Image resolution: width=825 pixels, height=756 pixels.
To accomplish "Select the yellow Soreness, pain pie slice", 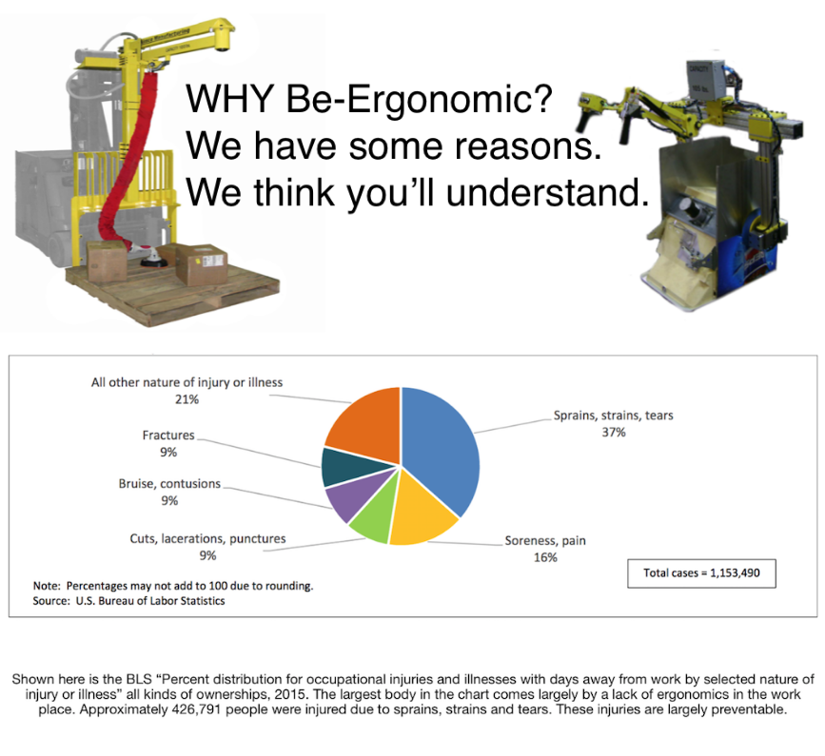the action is (x=421, y=513).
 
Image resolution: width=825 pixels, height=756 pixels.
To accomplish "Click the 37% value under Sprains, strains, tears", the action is (x=614, y=432).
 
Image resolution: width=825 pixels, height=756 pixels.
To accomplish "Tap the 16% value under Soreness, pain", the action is (x=545, y=557).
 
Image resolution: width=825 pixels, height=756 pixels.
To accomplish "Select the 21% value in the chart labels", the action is (x=187, y=399).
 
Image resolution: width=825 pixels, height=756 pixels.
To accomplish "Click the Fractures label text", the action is (x=168, y=436).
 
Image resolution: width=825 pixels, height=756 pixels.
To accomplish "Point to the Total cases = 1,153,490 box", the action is (x=701, y=573).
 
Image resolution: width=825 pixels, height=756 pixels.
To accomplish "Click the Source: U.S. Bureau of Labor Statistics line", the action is (x=128, y=601).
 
